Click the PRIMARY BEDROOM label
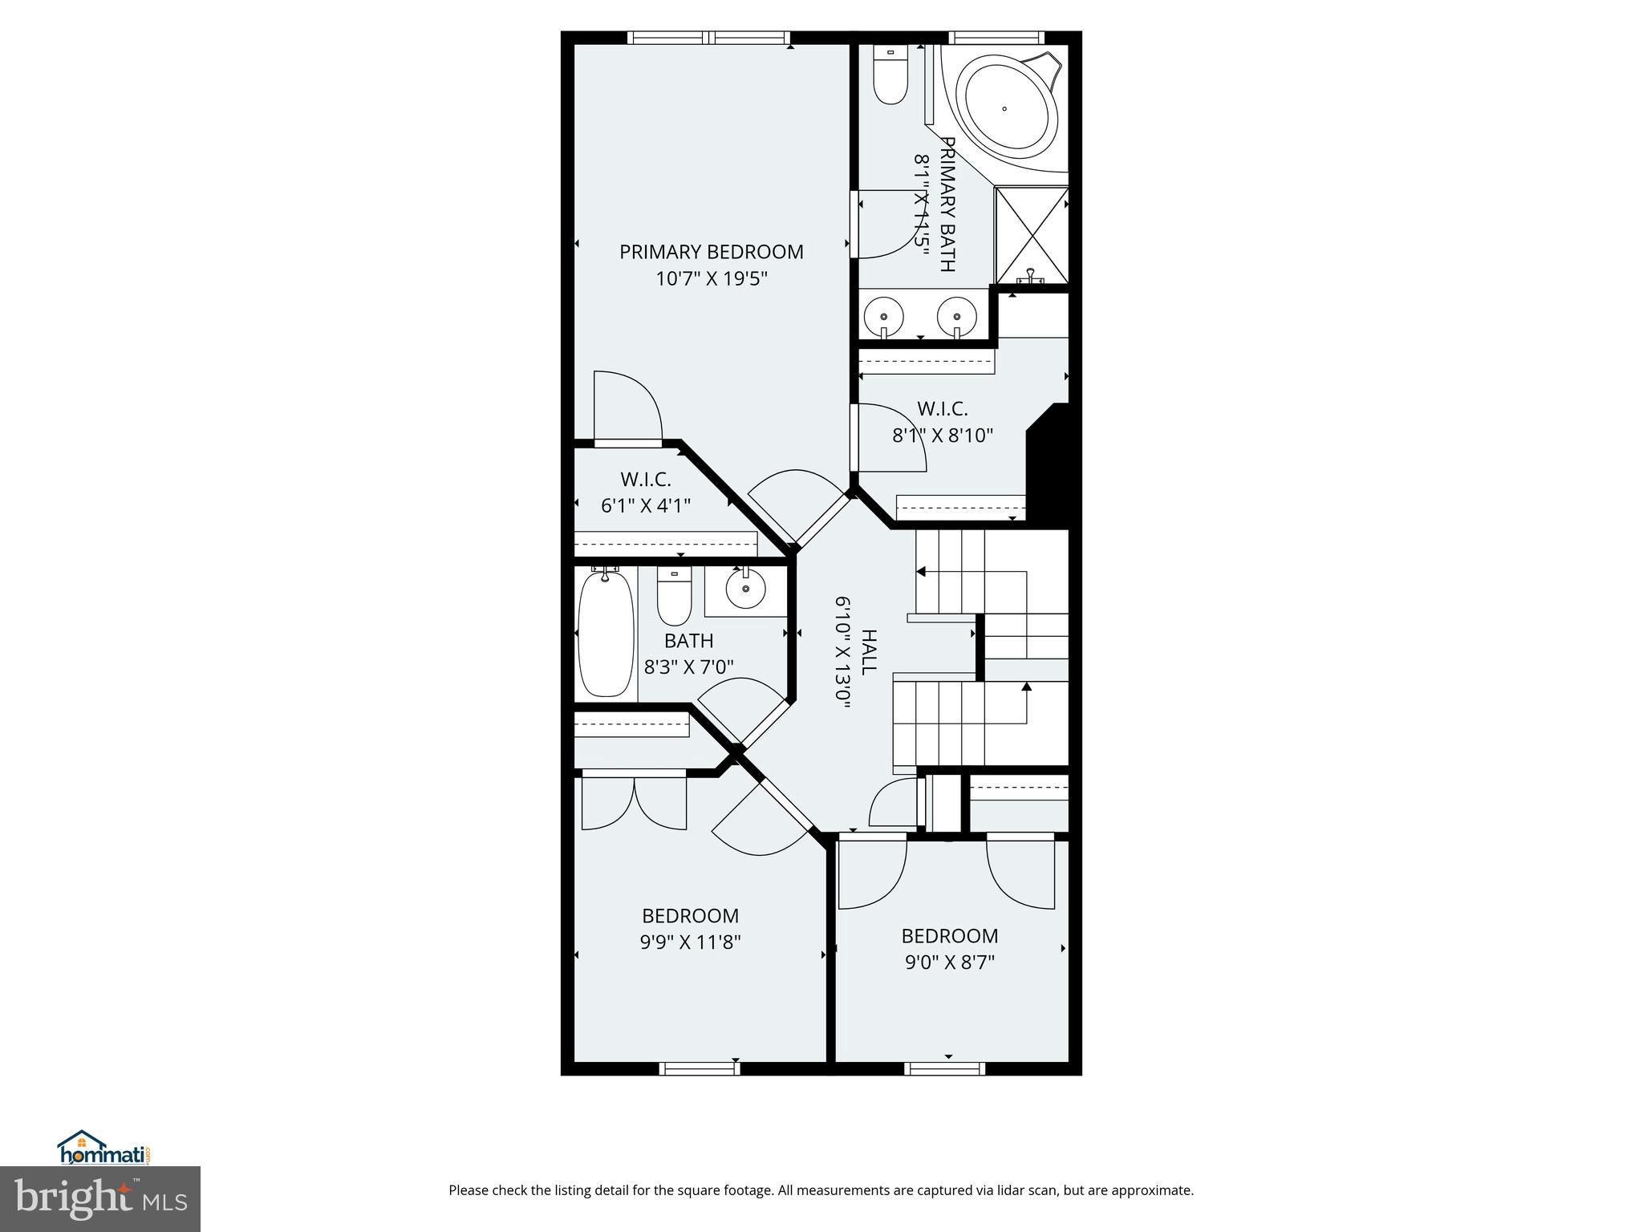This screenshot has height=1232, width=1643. click(711, 252)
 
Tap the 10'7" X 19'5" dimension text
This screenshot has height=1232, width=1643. click(712, 279)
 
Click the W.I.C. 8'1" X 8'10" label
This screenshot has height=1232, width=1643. click(943, 423)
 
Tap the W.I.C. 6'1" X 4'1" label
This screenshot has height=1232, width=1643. click(645, 492)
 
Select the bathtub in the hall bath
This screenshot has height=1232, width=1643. click(606, 633)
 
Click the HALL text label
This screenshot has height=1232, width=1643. click(868, 652)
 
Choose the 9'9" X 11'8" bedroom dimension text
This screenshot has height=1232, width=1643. click(690, 942)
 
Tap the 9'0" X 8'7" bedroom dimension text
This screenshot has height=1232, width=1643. click(950, 962)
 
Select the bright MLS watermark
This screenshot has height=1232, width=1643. click(100, 1198)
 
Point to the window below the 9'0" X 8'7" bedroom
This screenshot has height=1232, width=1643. click(944, 1068)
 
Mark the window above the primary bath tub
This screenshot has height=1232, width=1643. click(996, 38)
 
